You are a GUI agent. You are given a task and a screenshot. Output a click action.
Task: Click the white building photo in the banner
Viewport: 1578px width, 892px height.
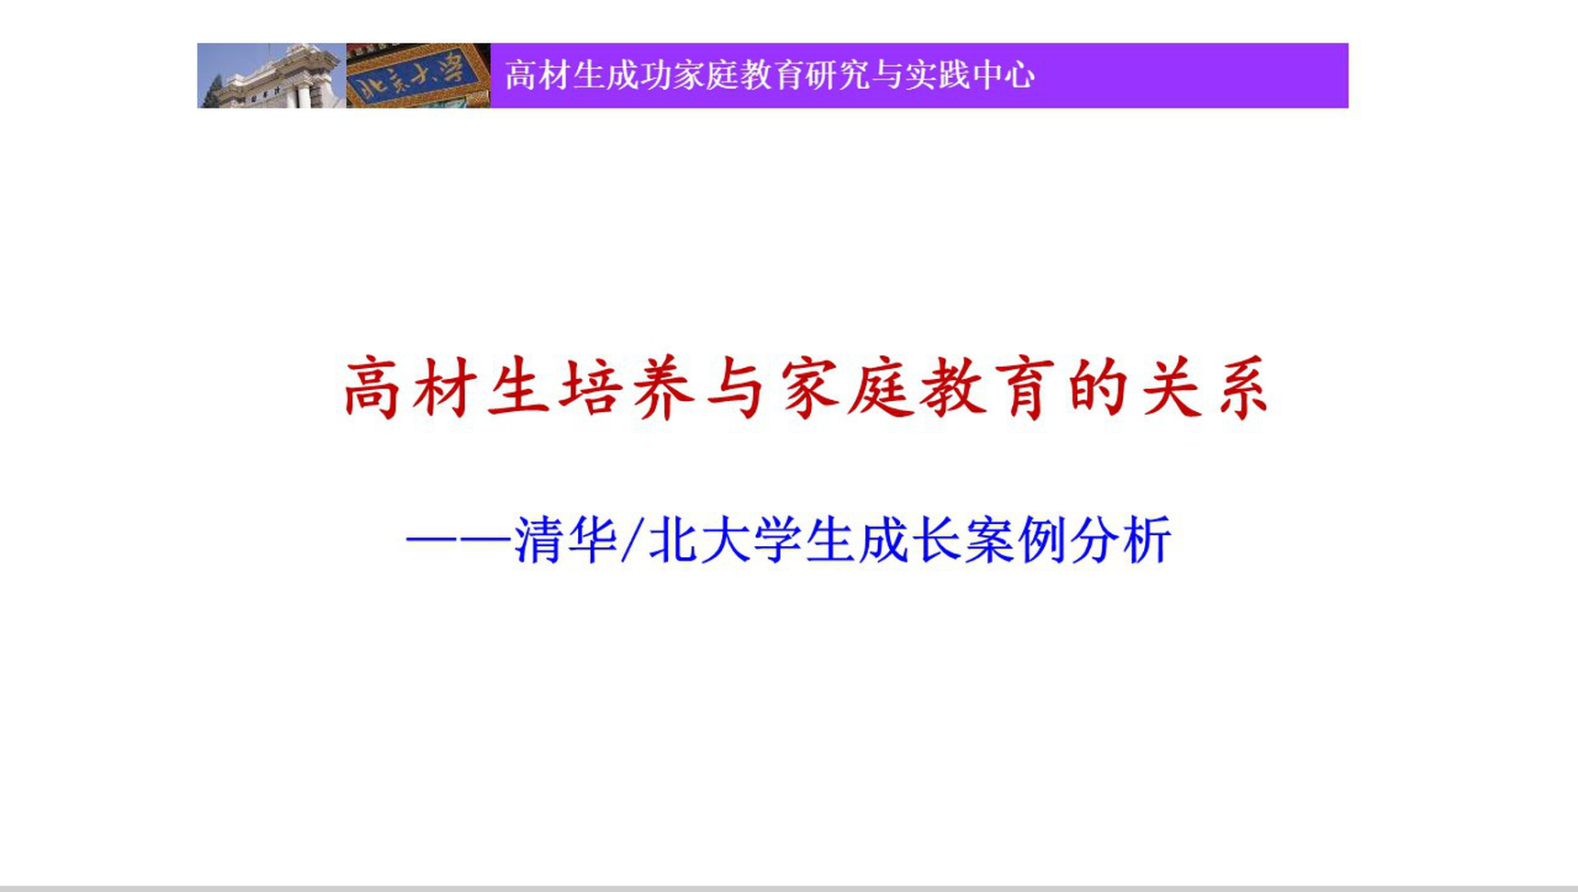[272, 75]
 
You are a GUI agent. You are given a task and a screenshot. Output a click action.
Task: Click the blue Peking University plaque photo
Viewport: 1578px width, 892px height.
[418, 75]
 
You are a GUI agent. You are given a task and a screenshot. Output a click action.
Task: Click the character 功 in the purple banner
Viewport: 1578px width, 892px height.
[655, 75]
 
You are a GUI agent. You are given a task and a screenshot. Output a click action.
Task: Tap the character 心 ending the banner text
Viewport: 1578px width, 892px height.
[1018, 75]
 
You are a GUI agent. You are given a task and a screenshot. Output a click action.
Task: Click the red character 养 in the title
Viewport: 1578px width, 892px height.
[663, 388]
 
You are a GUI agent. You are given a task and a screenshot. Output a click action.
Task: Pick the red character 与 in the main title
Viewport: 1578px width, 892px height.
[736, 388]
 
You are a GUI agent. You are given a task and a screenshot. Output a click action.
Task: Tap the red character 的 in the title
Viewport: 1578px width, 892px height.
[1097, 388]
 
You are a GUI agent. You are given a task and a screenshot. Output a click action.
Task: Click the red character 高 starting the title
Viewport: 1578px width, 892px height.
[372, 388]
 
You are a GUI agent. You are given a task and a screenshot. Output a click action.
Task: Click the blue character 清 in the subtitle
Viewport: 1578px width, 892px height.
[539, 540]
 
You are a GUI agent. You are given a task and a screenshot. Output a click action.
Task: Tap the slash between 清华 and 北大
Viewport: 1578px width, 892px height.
[630, 540]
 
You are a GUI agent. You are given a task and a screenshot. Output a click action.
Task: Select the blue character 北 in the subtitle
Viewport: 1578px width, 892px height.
[673, 540]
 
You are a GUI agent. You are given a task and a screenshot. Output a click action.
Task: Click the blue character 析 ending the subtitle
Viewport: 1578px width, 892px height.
[1147, 540]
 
